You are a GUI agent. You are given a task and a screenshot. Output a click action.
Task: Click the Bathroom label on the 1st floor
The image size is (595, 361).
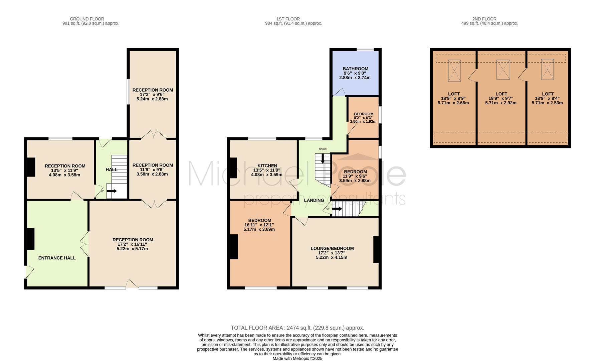356,69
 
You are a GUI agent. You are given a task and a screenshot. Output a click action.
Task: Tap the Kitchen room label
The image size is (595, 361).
267,166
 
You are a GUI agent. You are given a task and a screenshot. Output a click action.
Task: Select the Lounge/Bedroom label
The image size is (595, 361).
332,249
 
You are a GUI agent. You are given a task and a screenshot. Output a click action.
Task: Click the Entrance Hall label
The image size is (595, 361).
57,258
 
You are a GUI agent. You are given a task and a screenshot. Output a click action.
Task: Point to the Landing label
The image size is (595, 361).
314,201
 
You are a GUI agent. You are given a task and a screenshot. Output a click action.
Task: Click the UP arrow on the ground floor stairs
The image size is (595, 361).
112,191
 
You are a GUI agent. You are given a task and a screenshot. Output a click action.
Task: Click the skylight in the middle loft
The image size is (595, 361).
503,70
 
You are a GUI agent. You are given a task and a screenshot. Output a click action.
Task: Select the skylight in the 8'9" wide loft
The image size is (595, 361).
454,71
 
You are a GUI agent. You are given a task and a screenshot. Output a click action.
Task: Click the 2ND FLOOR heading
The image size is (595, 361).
484,19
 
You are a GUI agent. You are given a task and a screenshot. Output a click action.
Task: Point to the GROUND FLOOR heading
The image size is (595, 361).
87,19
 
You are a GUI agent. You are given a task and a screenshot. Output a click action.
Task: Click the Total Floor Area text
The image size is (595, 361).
297,328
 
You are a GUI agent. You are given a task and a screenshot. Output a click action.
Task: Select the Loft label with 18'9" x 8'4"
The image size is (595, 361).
548,94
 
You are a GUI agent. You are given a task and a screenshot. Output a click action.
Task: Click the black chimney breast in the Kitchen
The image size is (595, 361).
233,168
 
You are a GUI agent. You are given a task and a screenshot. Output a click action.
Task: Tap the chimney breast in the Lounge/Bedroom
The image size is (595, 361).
376,249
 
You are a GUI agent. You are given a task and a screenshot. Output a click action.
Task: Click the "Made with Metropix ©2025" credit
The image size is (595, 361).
297,359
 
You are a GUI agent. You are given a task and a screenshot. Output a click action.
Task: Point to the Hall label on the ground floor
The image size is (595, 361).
112,170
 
